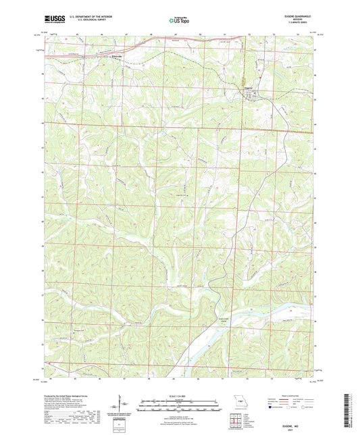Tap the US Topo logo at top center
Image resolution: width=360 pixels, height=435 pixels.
point(179,21)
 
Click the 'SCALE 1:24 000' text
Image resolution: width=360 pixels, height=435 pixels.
point(180,396)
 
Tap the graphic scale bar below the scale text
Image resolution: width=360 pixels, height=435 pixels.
point(180,405)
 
